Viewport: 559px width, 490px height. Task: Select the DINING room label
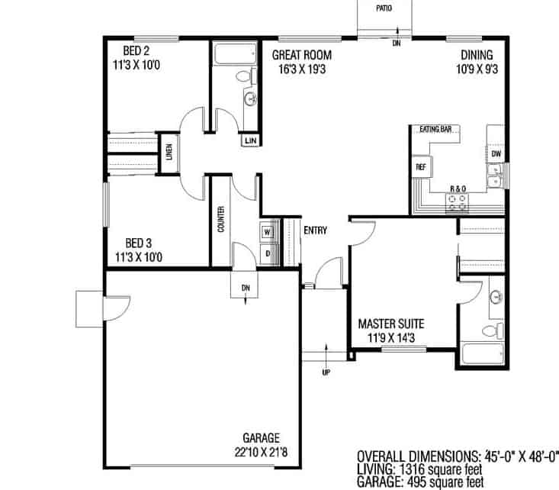click(477, 61)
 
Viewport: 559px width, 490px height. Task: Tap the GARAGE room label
click(261, 444)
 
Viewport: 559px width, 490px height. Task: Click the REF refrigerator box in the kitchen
click(420, 166)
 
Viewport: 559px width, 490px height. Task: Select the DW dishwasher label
click(496, 154)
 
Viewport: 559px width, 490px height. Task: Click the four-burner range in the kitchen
click(458, 201)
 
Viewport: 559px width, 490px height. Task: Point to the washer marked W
click(268, 231)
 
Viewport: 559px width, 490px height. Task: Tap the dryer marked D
click(268, 253)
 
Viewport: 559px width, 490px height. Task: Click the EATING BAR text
click(435, 130)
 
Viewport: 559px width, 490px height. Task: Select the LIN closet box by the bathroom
click(250, 140)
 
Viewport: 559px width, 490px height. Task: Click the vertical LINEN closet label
click(167, 153)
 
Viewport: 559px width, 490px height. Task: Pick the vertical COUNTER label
click(220, 219)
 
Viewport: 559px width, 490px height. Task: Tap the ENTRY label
click(316, 230)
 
